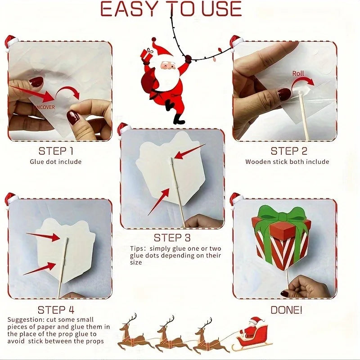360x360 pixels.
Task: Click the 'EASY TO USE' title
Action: point(171,9)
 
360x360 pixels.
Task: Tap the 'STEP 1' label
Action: point(56,151)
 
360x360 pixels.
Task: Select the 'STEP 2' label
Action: point(288,151)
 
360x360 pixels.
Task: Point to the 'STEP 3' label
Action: point(172,238)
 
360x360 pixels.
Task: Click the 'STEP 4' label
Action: point(56,310)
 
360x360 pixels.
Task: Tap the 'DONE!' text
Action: point(287,310)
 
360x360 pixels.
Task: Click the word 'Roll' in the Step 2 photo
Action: point(298,73)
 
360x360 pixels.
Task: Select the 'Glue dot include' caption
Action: point(56,162)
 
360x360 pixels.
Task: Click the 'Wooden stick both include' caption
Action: point(287,162)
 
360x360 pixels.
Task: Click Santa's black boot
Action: point(179,119)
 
